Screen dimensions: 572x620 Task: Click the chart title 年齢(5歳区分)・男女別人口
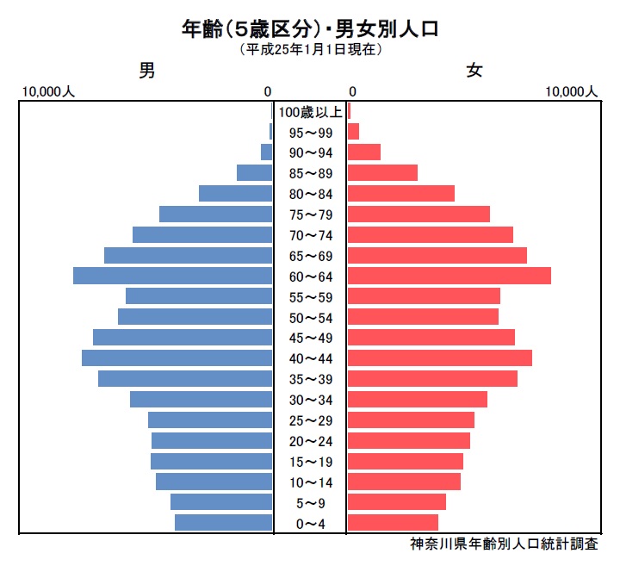coord(310,29)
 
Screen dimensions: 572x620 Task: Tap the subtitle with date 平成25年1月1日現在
coord(310,50)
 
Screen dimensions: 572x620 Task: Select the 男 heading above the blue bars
coord(147,72)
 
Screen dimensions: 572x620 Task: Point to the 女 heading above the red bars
coord(474,72)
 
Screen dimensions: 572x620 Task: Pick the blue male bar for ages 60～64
coord(172,276)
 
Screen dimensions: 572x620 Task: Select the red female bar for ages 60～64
coord(449,276)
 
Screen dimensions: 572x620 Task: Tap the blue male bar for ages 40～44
coord(177,357)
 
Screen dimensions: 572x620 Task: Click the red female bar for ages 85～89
coord(382,173)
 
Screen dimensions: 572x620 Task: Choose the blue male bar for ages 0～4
coord(223,522)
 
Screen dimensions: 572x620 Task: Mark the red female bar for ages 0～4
coord(393,522)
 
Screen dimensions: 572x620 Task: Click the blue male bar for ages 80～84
coord(235,194)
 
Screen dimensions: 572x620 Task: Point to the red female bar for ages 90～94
coord(364,152)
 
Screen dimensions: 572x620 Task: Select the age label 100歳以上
coord(310,112)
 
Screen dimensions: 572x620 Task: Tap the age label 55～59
coord(310,296)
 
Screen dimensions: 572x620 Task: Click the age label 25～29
coord(310,420)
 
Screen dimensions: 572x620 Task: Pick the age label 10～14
coord(310,482)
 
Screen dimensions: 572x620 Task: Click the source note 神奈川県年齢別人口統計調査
coord(504,544)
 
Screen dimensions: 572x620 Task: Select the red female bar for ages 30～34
coord(417,399)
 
